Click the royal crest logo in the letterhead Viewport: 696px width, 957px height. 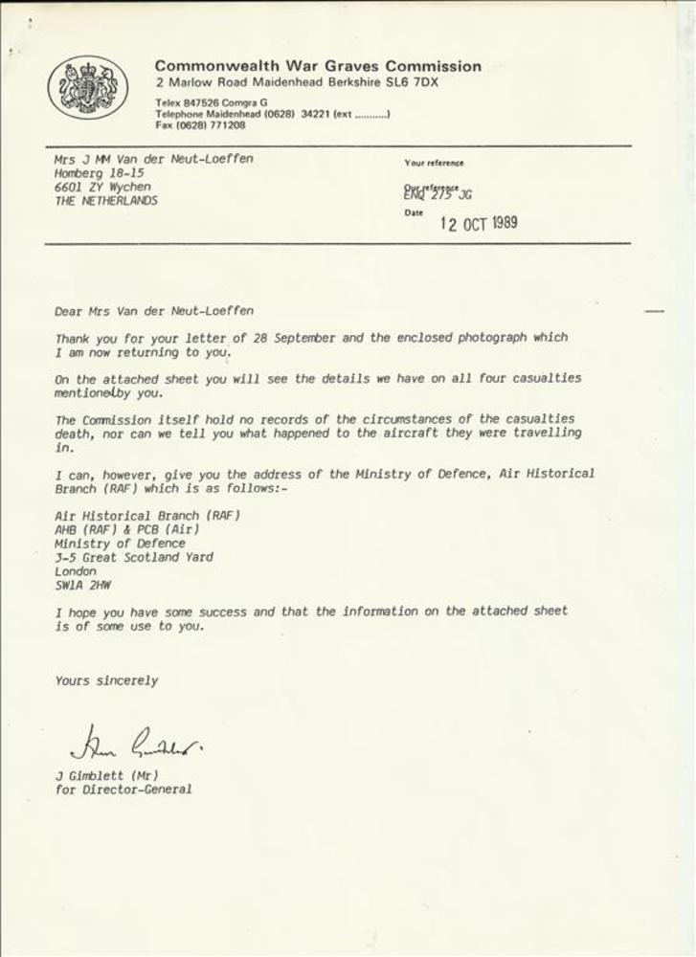pyautogui.click(x=88, y=88)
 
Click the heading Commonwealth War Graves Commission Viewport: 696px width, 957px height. pyautogui.click(x=318, y=66)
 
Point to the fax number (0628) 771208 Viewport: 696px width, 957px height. pyautogui.click(x=215, y=124)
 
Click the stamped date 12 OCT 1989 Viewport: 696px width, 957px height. pyautogui.click(x=479, y=223)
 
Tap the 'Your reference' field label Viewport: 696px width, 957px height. pyautogui.click(x=434, y=163)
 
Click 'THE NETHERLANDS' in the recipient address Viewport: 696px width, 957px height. pyautogui.click(x=106, y=201)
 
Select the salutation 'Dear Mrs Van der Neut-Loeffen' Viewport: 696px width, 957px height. pyautogui.click(x=154, y=310)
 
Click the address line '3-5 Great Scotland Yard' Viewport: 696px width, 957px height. pyautogui.click(x=134, y=557)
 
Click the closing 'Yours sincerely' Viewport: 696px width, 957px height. pyautogui.click(x=106, y=680)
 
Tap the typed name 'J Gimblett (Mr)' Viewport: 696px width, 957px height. pyautogui.click(x=106, y=775)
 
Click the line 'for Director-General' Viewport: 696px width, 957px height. pyautogui.click(x=123, y=790)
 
